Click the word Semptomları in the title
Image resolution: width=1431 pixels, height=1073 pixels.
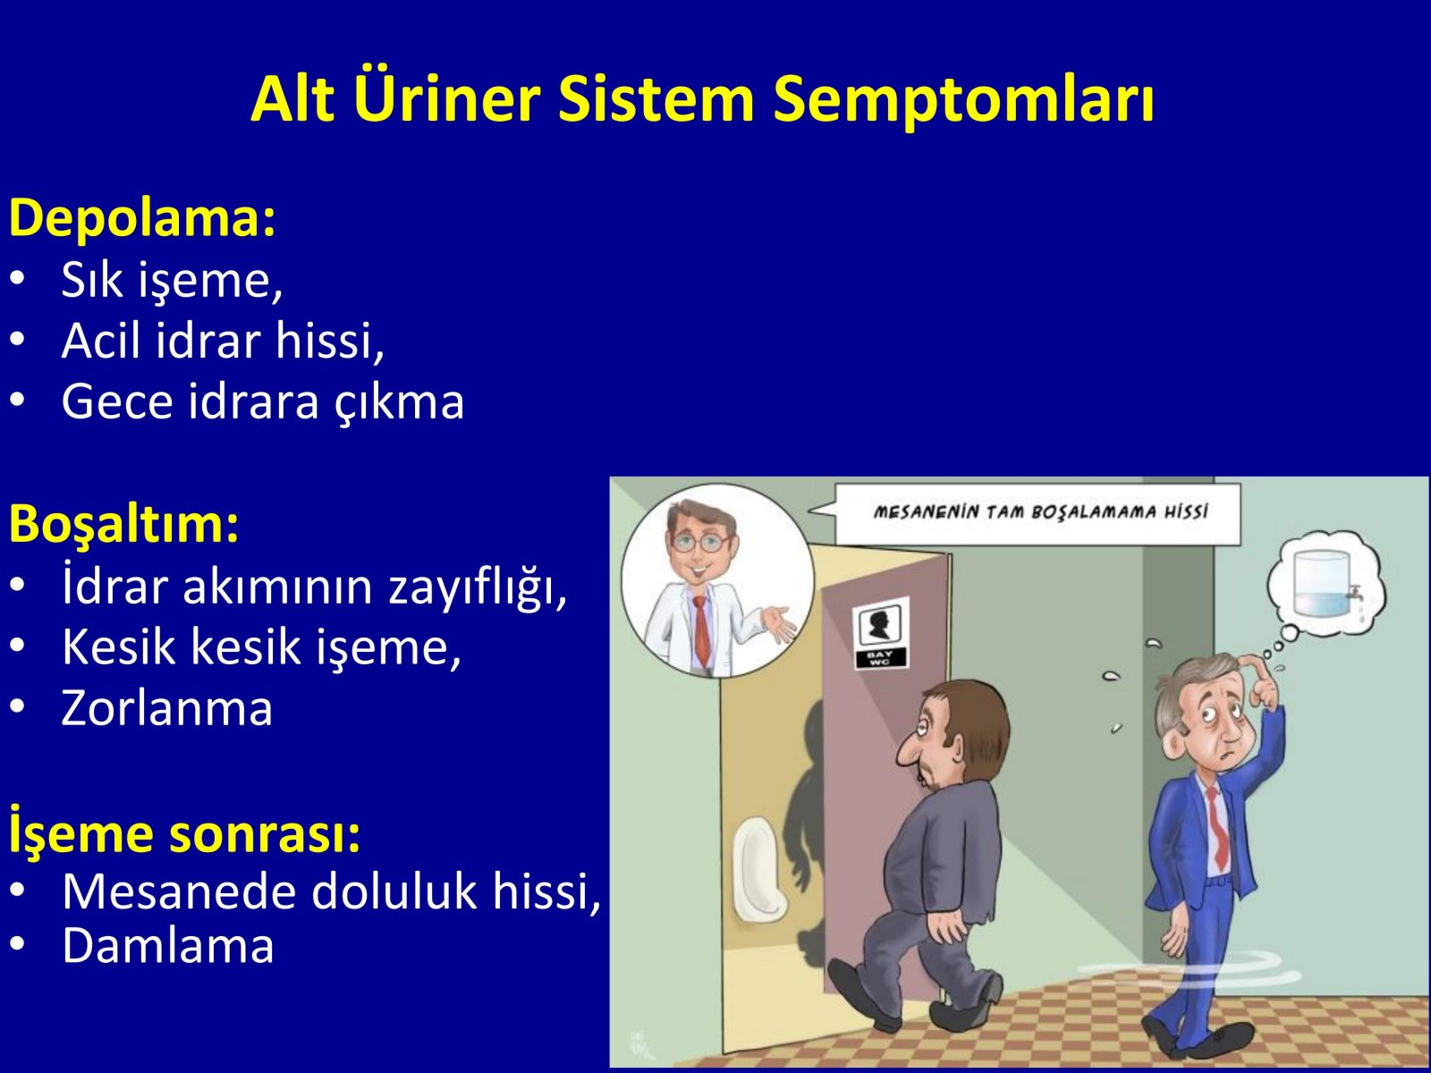[x=963, y=99]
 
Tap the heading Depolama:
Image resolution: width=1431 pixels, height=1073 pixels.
[x=142, y=219]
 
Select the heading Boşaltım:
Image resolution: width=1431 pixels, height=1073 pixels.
[x=123, y=524]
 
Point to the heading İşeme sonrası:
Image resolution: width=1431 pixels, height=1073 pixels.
[x=184, y=833]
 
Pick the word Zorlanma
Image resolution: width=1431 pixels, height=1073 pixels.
[x=167, y=708]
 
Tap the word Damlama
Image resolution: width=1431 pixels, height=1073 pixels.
[x=168, y=946]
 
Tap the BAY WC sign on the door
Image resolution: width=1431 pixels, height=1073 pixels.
[x=882, y=633]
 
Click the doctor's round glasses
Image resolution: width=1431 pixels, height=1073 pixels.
[x=700, y=543]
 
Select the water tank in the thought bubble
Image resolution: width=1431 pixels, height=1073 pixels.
[x=1322, y=585]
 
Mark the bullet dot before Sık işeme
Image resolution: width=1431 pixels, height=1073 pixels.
[x=18, y=277]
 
